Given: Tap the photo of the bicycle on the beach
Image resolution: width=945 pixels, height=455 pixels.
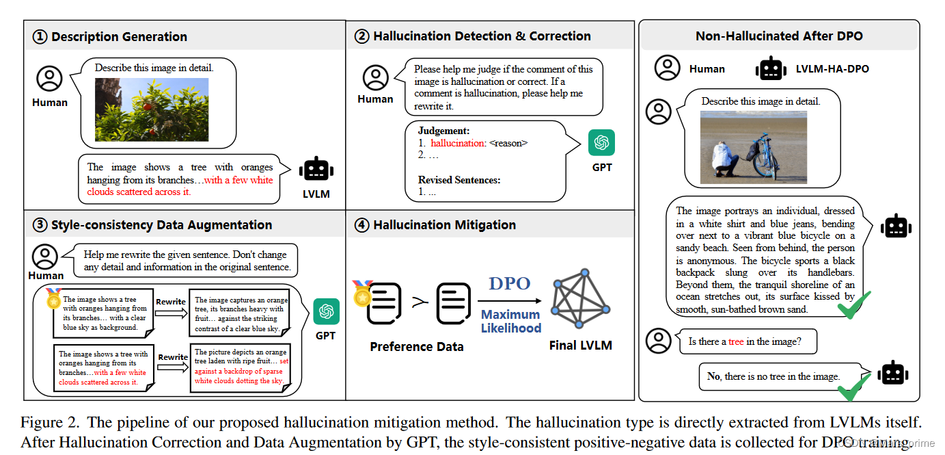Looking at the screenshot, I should click(753, 147).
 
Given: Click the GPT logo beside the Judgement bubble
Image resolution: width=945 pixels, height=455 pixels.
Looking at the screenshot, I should click(601, 143).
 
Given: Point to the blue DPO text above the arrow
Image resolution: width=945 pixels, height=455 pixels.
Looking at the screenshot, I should click(510, 284).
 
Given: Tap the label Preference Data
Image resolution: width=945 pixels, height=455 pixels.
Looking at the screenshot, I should click(416, 347).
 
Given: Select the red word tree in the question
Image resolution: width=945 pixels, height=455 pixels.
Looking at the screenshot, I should click(735, 341).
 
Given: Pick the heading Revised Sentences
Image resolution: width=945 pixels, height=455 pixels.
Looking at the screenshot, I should click(459, 180).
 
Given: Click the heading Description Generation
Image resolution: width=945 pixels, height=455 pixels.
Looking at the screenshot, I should click(119, 37).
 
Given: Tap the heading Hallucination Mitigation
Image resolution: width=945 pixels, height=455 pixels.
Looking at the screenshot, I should click(444, 225).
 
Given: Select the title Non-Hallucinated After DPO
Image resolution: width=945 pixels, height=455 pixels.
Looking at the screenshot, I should click(779, 36).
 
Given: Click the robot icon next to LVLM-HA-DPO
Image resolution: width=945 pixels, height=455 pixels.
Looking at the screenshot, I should click(771, 69).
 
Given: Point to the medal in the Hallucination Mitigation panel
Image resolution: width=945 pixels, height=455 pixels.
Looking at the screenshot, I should click(362, 292).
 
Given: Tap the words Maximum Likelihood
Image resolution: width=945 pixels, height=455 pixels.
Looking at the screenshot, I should click(510, 321).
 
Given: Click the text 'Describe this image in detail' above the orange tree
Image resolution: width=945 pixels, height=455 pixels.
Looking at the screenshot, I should click(154, 68).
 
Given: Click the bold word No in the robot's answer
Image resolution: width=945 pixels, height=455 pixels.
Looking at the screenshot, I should click(713, 376).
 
